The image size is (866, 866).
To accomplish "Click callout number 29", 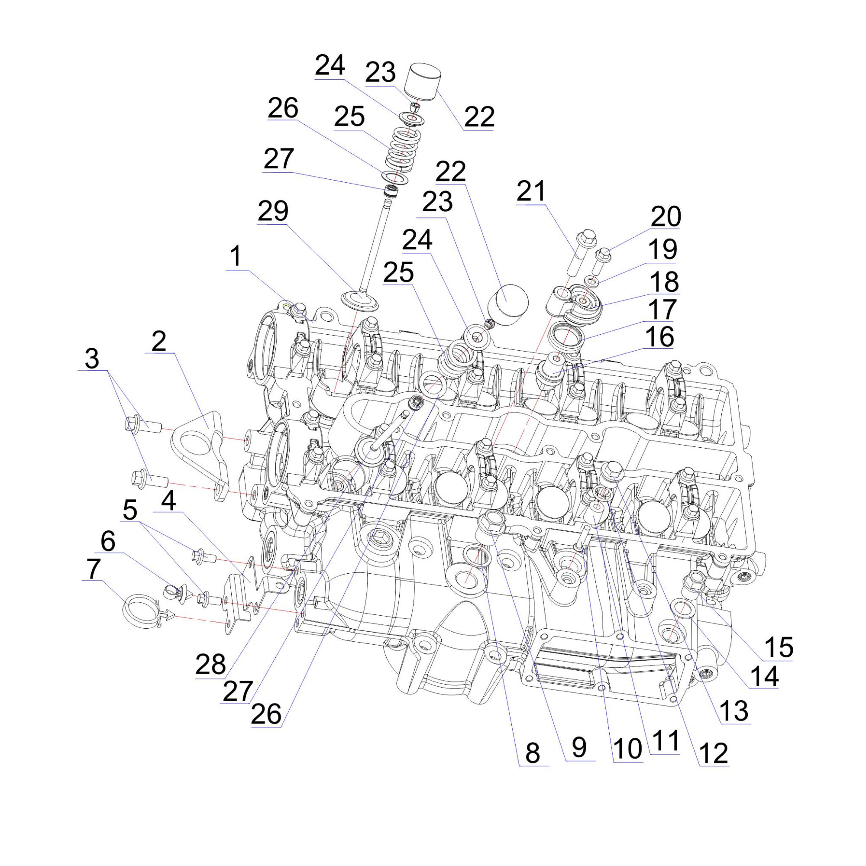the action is coord(273,211).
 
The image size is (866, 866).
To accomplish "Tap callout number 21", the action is coord(531,191).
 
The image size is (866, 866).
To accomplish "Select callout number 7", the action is coord(93,569).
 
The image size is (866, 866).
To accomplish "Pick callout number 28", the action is coord(210,664).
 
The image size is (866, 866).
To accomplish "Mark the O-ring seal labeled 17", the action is coord(566,335).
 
